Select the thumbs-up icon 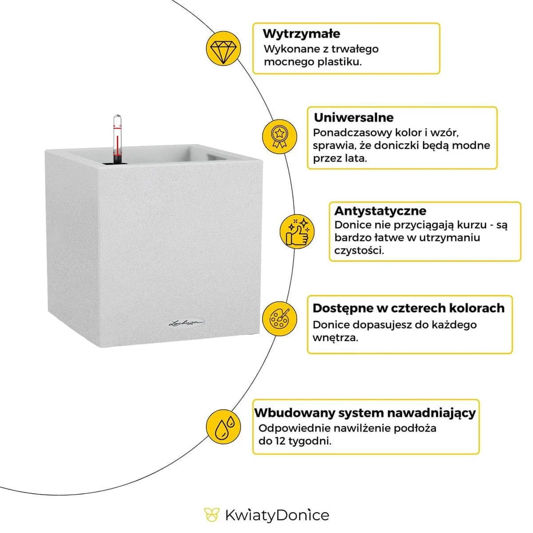[x=297, y=231]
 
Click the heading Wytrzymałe [x=301, y=34]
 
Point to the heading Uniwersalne [x=354, y=118]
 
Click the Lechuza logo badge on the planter [x=187, y=323]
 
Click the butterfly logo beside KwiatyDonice [x=212, y=515]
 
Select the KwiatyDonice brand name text [x=277, y=515]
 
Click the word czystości [x=359, y=250]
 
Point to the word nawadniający [x=431, y=413]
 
